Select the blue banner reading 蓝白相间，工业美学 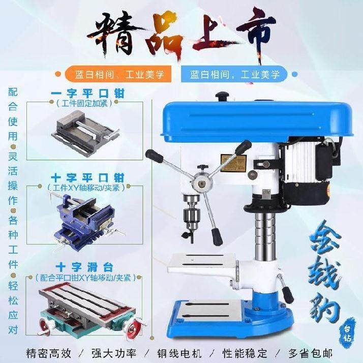tap(235, 75)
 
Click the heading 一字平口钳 tap(88, 94)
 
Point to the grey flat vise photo tap(85, 132)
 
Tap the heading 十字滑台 tap(88, 266)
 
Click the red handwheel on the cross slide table tap(133, 328)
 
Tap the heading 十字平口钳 tap(88, 178)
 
